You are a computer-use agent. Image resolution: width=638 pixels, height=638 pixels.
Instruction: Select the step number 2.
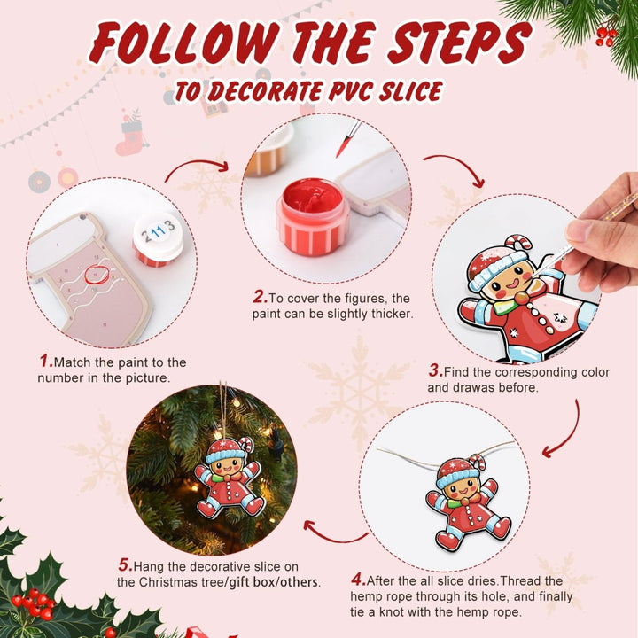[x=259, y=298]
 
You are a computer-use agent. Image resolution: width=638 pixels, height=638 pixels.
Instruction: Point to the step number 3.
[x=435, y=372]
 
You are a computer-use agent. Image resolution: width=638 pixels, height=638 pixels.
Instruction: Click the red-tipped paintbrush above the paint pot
[x=347, y=139]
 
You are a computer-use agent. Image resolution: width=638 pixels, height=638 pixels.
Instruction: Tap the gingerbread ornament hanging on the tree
[x=230, y=478]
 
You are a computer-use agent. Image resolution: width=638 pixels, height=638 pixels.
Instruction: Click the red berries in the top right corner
[x=606, y=35]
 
